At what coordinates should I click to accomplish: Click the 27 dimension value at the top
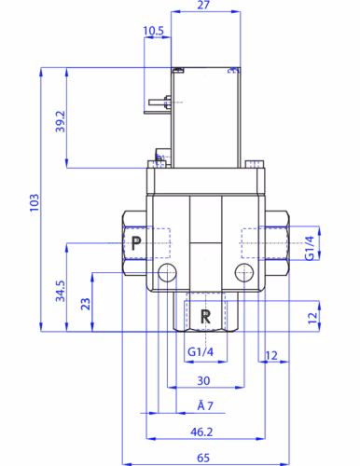pyautogui.click(x=203, y=5)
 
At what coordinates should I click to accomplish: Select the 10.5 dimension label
pyautogui.click(x=153, y=31)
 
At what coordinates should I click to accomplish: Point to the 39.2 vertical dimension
pyautogui.click(x=61, y=121)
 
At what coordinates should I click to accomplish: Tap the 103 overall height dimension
pyautogui.click(x=35, y=203)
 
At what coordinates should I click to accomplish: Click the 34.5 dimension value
pyautogui.click(x=61, y=291)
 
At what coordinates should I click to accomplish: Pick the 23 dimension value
pyautogui.click(x=86, y=304)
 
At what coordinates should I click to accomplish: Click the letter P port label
pyautogui.click(x=136, y=243)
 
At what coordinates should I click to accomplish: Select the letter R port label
pyautogui.click(x=205, y=317)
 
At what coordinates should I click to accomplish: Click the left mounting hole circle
pyautogui.click(x=167, y=272)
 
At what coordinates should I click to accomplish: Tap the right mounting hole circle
pyautogui.click(x=244, y=272)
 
